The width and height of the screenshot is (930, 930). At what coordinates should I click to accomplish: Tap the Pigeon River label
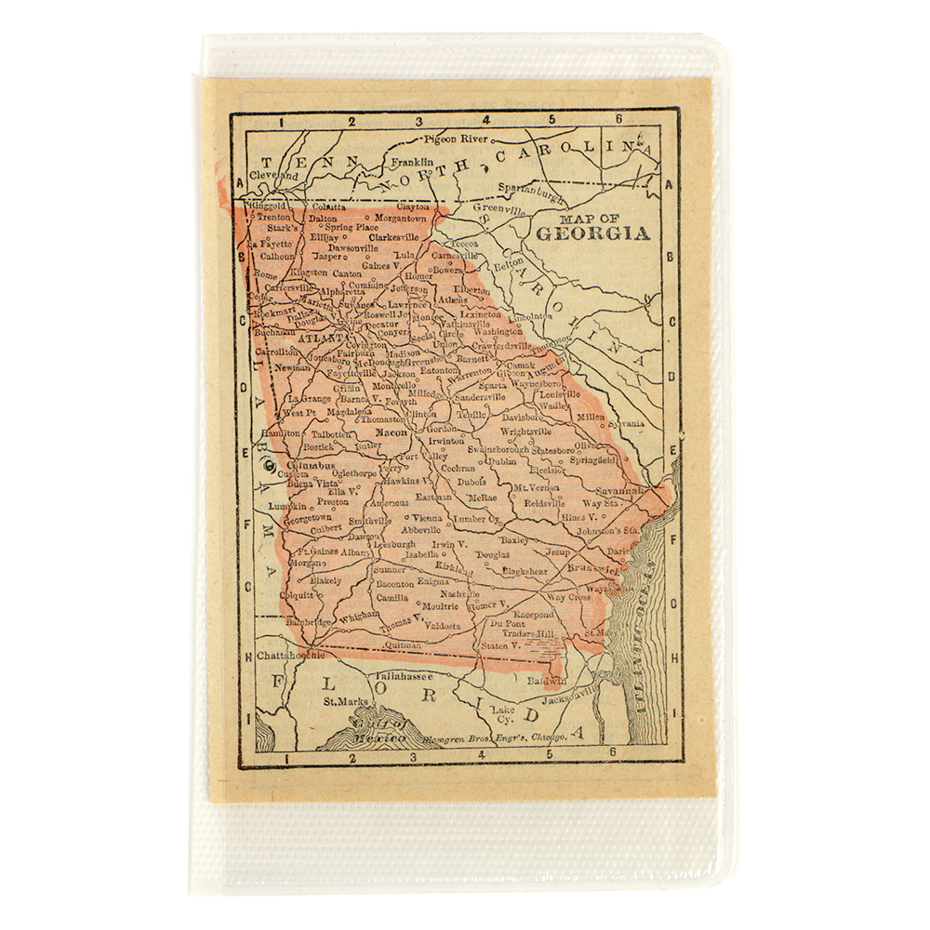point(456,139)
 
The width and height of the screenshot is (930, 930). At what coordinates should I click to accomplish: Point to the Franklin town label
point(412,162)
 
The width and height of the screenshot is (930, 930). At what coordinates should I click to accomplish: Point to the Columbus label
point(311,464)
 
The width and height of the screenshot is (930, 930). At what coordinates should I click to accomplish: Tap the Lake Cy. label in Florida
point(503,713)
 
